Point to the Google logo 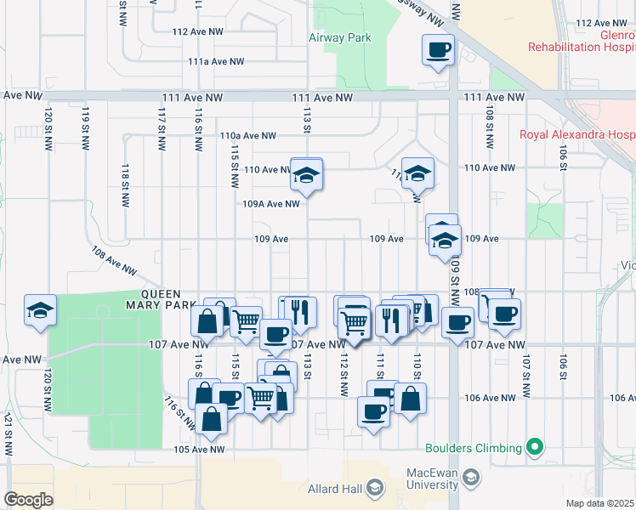(29, 499)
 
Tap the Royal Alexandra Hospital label (577, 134)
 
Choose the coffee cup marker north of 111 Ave (439, 50)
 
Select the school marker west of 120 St (39, 311)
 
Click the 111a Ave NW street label (216, 62)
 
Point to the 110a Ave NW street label (247, 135)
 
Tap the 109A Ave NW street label (270, 204)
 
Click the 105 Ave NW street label (198, 450)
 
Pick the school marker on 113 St (306, 176)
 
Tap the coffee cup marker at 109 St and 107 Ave (458, 323)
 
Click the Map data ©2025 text (600, 503)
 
